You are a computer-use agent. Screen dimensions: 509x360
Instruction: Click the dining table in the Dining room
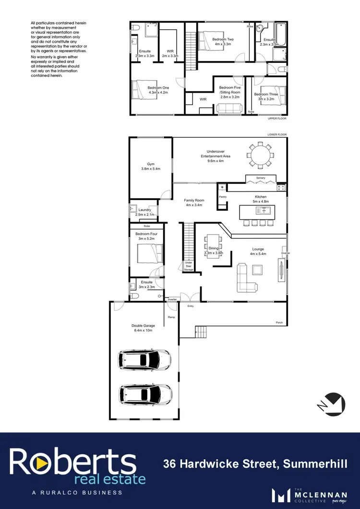(x=212, y=245)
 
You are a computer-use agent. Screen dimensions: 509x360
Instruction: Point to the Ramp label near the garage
(x=171, y=317)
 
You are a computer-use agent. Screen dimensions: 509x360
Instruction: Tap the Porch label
(x=279, y=322)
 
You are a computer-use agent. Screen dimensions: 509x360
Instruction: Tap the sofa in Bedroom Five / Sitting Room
(x=229, y=108)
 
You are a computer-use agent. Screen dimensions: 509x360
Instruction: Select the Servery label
(x=261, y=178)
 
